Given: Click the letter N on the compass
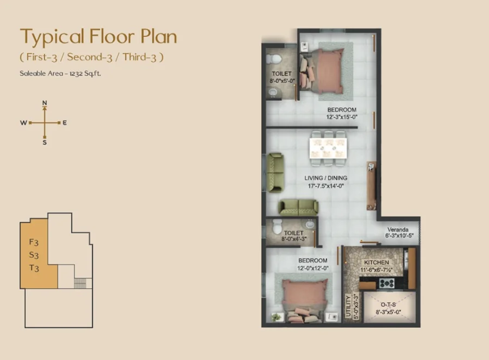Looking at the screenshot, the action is (45, 103).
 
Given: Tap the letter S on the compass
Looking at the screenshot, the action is (45, 142).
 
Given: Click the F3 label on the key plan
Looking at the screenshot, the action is (34, 242).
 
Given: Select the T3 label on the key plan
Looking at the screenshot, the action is (34, 268).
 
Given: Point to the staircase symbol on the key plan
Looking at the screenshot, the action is (80, 283).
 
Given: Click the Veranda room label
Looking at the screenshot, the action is (398, 229).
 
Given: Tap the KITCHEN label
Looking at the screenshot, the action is (377, 263).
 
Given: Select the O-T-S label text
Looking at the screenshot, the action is (388, 305).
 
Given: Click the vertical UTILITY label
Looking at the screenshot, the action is (348, 306).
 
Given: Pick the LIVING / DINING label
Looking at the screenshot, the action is (325, 178).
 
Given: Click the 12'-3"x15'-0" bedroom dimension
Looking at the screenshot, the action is (342, 117).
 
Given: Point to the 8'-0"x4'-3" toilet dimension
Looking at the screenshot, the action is (294, 239).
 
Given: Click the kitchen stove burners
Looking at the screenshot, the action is (387, 283).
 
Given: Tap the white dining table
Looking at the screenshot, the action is (328, 148).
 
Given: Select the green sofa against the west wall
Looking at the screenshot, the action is (275, 172).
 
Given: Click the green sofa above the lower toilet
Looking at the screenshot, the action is (299, 208).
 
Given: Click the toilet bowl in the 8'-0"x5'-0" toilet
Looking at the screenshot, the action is (274, 58).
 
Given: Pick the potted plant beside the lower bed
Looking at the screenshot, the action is (277, 317).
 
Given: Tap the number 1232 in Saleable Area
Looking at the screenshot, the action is (77, 74).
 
